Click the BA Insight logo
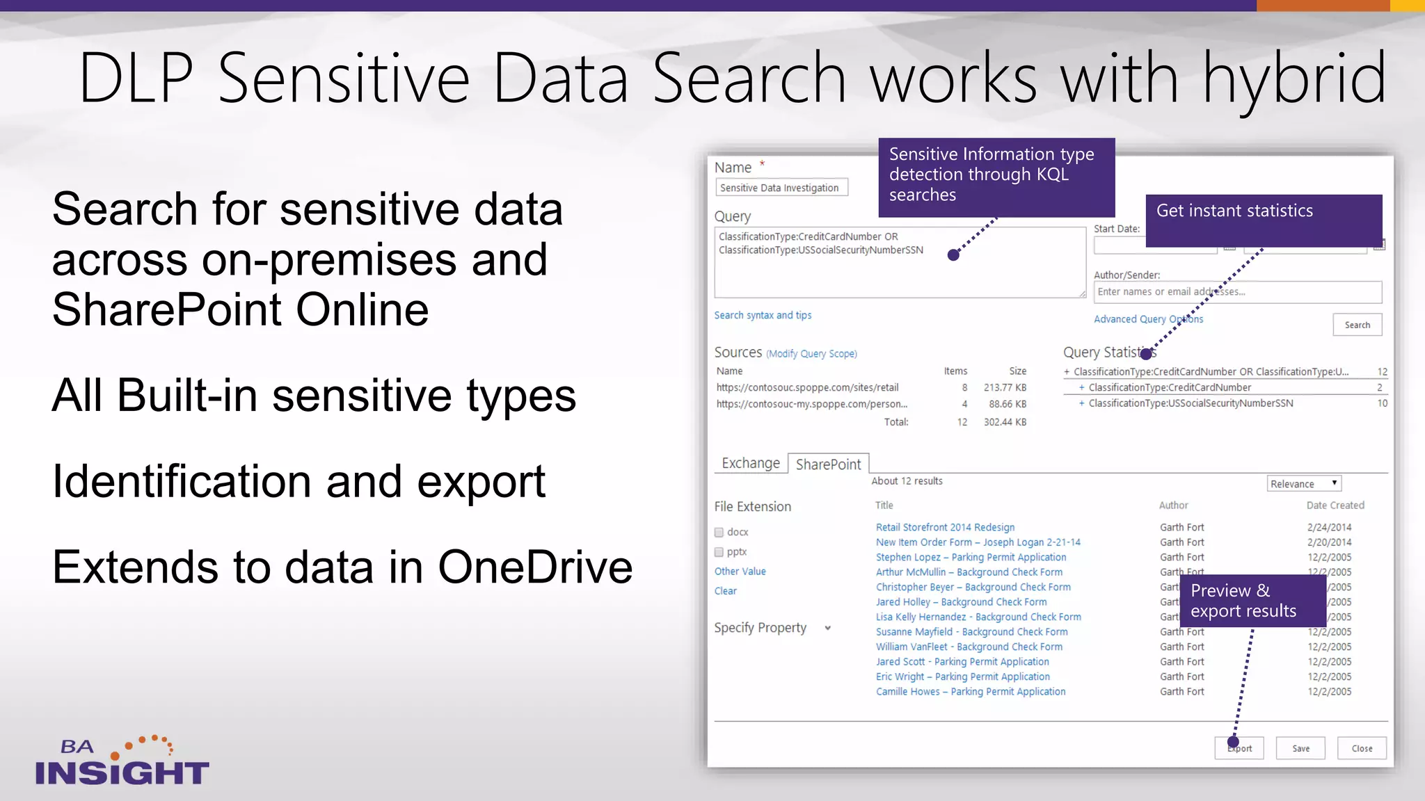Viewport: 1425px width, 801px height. [122, 762]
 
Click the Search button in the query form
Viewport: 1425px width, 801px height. [1357, 325]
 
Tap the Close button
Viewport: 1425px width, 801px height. [1362, 749]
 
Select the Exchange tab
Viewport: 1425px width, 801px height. [751, 463]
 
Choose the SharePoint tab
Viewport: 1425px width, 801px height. [828, 464]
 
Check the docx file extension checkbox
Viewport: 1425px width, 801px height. [719, 533]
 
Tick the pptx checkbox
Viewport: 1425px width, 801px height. [719, 552]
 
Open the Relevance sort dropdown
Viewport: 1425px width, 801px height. [1303, 484]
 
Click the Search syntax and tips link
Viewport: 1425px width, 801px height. [763, 316]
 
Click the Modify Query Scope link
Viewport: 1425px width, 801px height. [811, 354]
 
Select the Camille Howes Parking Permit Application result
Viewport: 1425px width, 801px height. [971, 692]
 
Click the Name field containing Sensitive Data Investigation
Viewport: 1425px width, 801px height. [781, 188]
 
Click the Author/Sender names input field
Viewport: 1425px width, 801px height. [1237, 292]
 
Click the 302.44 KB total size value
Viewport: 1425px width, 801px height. [1005, 422]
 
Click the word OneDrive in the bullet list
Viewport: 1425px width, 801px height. [535, 567]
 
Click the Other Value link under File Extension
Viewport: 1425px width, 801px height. [740, 572]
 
